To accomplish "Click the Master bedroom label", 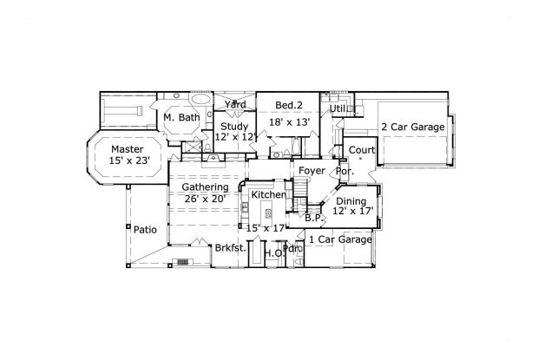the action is [x=128, y=149].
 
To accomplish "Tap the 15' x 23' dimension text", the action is [x=129, y=160].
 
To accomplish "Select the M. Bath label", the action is [x=181, y=117].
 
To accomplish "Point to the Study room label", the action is [x=234, y=127].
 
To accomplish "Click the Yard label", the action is [x=235, y=104].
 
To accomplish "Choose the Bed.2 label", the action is [x=289, y=105].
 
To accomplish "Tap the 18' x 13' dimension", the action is [x=290, y=122].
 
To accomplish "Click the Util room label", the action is [x=338, y=108].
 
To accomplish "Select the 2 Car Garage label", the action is [x=413, y=127].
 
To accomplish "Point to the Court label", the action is [x=362, y=150].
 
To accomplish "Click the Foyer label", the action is [x=312, y=171].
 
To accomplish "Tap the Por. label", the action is [x=344, y=171].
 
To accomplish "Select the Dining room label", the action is [x=351, y=201].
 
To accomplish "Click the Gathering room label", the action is [x=205, y=187].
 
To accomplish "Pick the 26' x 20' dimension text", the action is [x=205, y=199].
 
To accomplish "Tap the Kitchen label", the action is [x=269, y=194].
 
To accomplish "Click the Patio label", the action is [x=145, y=230].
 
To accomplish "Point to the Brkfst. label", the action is [x=231, y=248].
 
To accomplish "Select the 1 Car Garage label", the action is [x=341, y=239].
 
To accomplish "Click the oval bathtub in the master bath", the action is [x=200, y=100].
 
